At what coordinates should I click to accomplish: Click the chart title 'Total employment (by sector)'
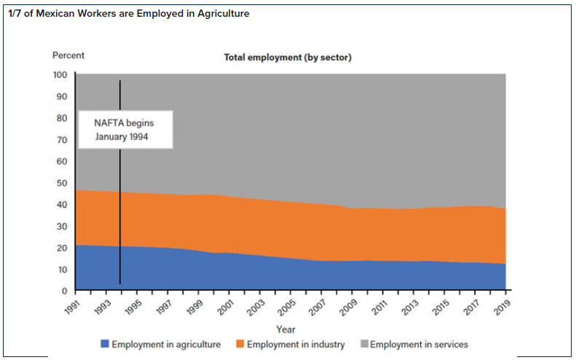coord(287,58)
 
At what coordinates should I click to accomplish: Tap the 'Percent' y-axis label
coord(68,55)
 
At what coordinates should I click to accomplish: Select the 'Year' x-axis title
coord(286,329)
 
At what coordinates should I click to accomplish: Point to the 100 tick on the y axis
coord(60,75)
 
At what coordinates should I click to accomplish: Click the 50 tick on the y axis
coord(62,183)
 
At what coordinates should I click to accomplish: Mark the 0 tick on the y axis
coord(64,291)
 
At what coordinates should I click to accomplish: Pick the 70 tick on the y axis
coord(62,140)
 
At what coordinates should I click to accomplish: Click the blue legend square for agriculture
coord(105,344)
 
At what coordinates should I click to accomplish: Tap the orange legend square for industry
coord(240,344)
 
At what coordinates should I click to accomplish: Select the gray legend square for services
coord(363,344)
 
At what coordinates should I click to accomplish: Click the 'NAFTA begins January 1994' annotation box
coord(125,130)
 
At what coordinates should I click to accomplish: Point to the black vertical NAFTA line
coord(119,219)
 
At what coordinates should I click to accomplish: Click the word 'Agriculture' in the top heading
coord(224,14)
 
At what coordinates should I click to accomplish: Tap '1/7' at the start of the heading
coord(15,14)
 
